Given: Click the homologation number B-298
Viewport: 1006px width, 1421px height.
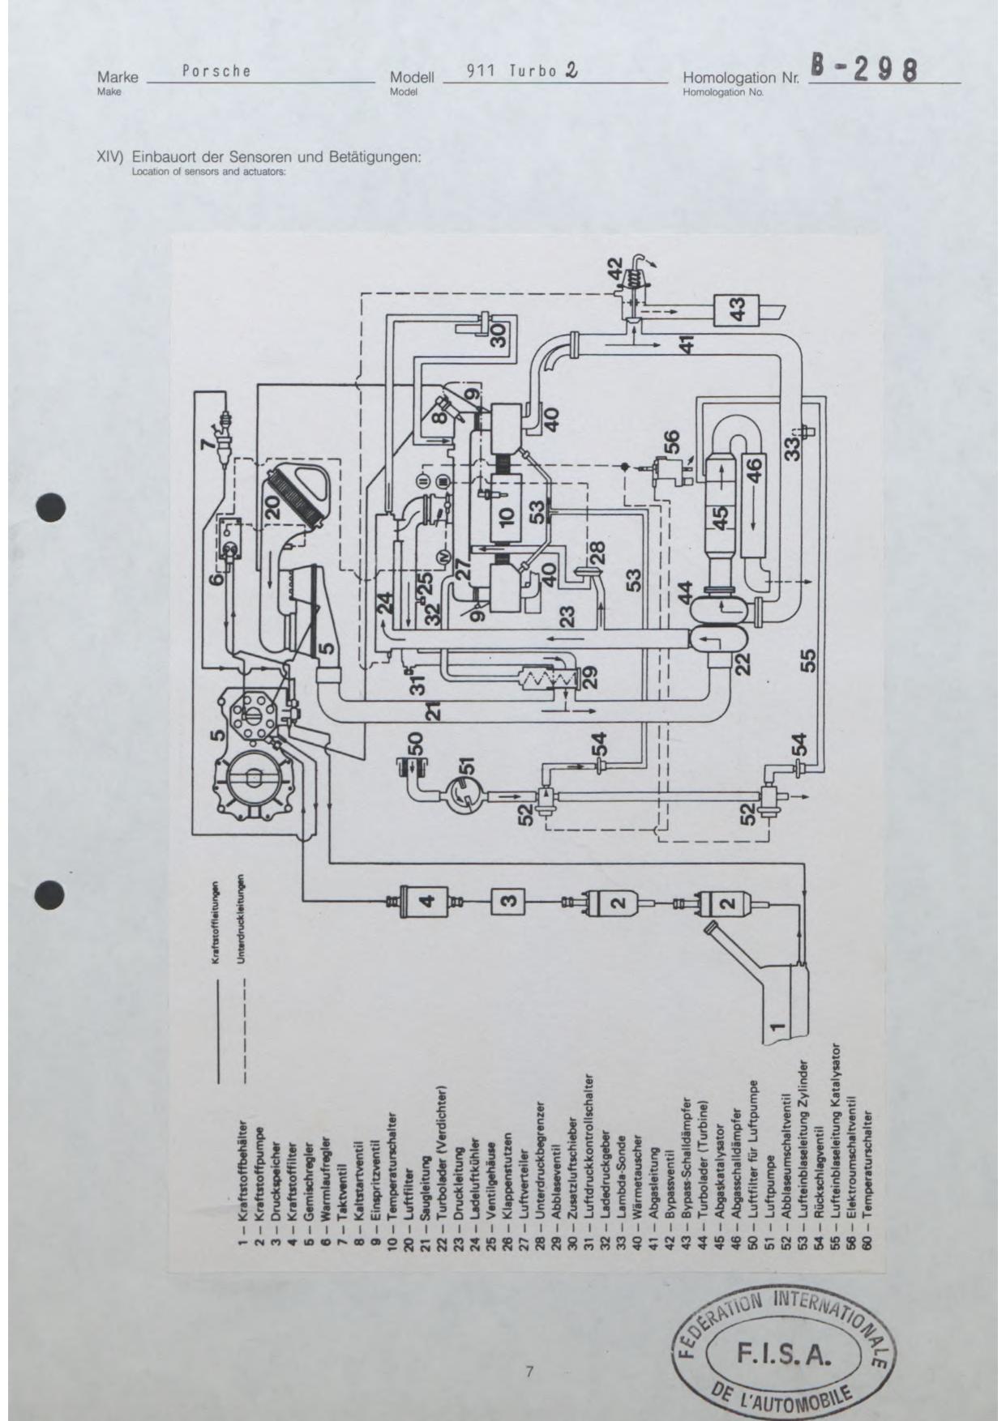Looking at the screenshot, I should [x=864, y=70].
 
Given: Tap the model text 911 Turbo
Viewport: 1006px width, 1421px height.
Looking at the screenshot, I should [x=512, y=70].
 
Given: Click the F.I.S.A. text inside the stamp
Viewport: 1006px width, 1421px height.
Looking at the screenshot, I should [x=781, y=1353].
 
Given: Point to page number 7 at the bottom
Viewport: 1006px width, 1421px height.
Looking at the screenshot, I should [x=529, y=1372].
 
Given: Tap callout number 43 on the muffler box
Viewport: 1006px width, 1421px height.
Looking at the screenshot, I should [x=737, y=309].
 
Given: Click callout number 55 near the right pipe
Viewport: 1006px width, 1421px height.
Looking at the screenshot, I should [x=808, y=661].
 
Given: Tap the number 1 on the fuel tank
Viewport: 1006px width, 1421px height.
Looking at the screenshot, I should [x=777, y=1026].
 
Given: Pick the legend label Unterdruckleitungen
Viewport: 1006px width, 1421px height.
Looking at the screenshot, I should [x=242, y=920].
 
